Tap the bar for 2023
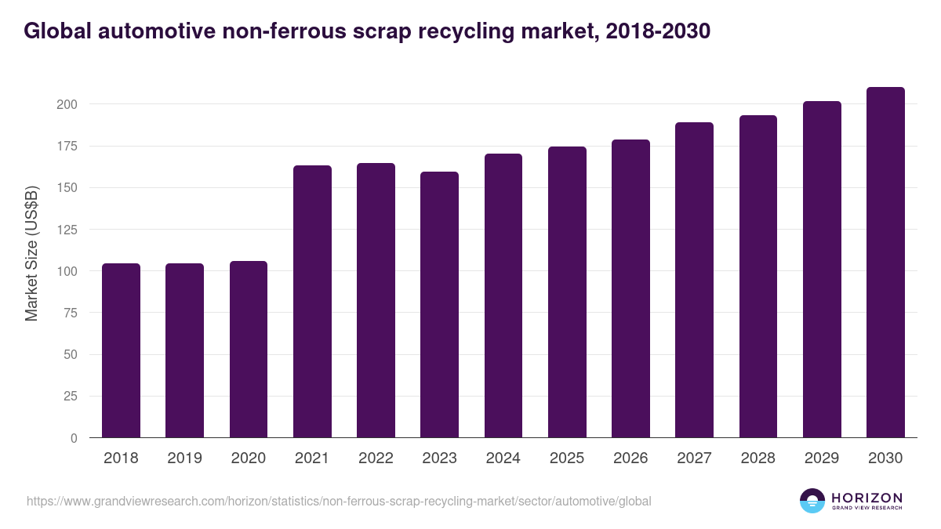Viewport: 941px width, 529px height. [439, 305]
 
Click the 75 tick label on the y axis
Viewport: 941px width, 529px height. [71, 313]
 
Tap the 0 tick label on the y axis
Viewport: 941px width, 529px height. [74, 438]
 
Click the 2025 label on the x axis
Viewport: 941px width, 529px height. [566, 458]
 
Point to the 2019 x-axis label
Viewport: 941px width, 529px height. [184, 458]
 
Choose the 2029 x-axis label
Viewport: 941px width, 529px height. [822, 458]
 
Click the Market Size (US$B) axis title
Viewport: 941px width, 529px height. [32, 253]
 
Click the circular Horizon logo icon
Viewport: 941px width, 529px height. [812, 501]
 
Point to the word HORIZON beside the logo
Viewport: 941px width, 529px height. [867, 497]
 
